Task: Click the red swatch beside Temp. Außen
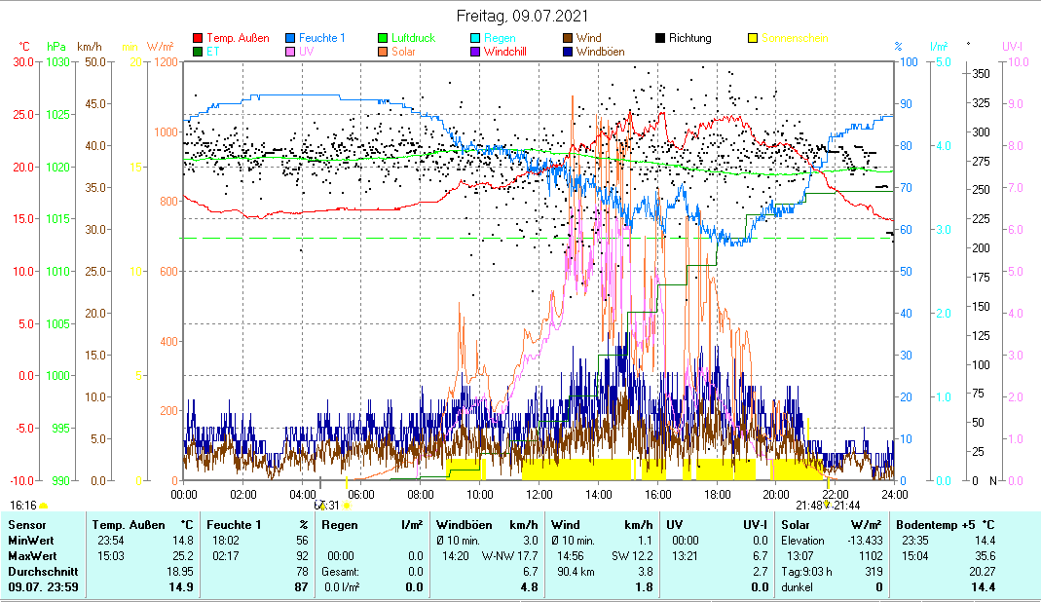pyautogui.click(x=199, y=39)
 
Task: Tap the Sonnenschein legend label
pyautogui.click(x=796, y=38)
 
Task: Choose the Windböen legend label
pyautogui.click(x=600, y=51)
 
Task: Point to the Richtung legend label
pyautogui.click(x=690, y=38)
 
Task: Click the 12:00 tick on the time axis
pyautogui.click(x=539, y=494)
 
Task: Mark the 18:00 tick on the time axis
pyautogui.click(x=717, y=494)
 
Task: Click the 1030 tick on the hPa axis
pyautogui.click(x=58, y=61)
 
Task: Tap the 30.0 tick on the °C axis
pyautogui.click(x=22, y=61)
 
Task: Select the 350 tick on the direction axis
pyautogui.click(x=981, y=74)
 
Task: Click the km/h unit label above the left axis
pyautogui.click(x=90, y=47)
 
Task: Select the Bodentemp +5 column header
pyautogui.click(x=945, y=525)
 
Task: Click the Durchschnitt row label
pyautogui.click(x=37, y=572)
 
